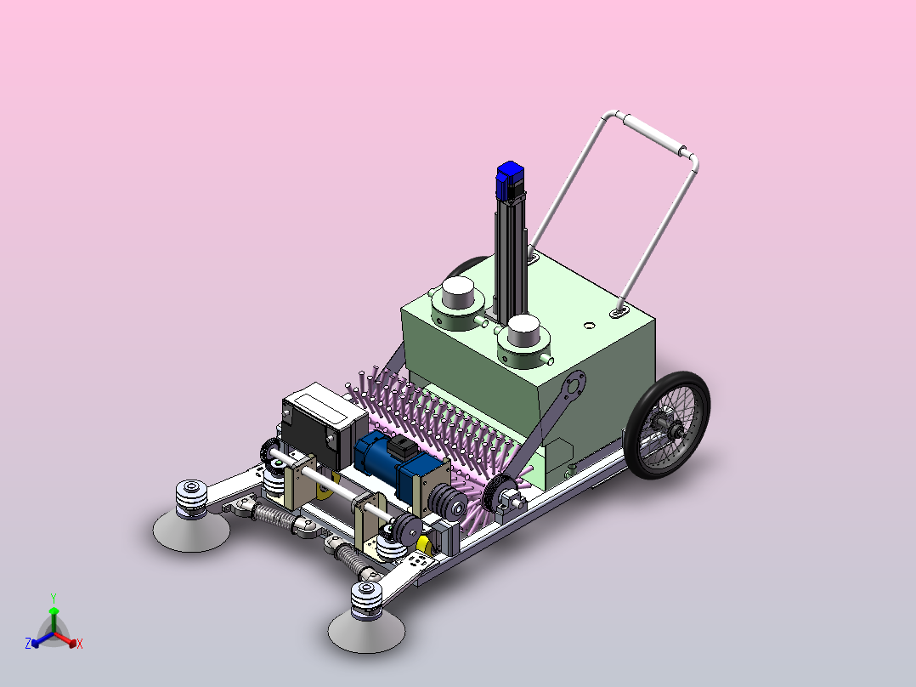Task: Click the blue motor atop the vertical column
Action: (510, 179)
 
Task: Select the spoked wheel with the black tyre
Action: (666, 424)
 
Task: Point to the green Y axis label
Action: (54, 599)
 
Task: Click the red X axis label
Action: (80, 644)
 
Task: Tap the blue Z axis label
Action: (28, 644)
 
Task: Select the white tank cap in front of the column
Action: (523, 331)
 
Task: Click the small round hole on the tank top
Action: (589, 325)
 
